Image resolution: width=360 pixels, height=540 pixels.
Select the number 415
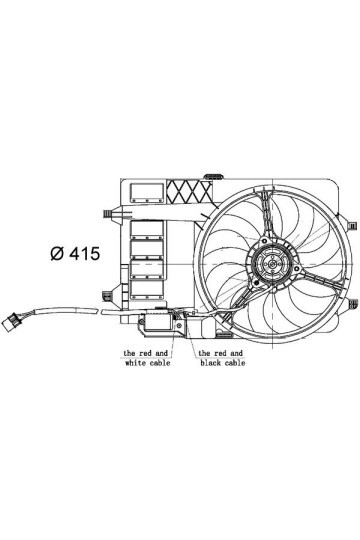click(x=85, y=254)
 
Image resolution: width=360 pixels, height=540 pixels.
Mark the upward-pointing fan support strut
click(x=266, y=215)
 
